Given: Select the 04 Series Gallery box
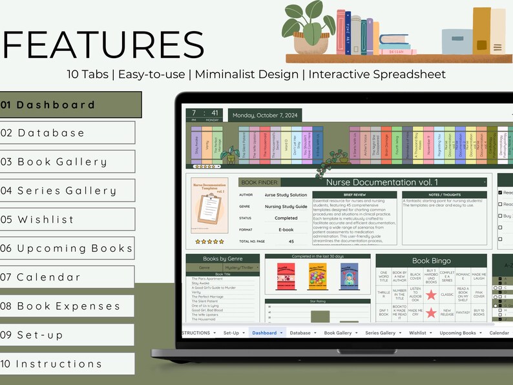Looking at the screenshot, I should [67, 191].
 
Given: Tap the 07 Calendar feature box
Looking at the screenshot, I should [67, 277].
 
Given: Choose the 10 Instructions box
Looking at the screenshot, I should [67, 364].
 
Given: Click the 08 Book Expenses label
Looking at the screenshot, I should [67, 306].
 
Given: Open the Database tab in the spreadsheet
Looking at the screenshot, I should [300, 333].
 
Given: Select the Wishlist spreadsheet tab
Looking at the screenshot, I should [417, 333].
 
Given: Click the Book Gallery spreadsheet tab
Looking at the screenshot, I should [338, 333].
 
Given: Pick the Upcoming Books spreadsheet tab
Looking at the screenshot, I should [457, 333].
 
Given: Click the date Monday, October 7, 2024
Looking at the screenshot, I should [265, 116].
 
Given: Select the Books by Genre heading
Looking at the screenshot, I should [222, 258].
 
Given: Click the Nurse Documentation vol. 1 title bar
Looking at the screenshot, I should [381, 183].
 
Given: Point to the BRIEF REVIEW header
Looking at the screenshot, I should [355, 194].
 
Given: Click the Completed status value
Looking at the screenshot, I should [286, 218].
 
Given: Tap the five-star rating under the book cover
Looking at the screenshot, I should [209, 242].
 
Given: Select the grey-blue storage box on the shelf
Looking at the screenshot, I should [456, 41].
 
